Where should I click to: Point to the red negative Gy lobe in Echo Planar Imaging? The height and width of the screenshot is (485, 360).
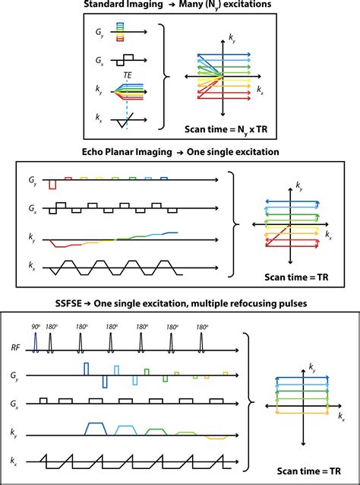click(53, 184)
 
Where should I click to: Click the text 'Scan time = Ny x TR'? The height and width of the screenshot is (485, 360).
click(226, 129)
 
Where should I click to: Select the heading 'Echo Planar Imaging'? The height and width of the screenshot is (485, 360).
click(127, 152)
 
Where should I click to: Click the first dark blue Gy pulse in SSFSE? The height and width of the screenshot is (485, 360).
click(87, 369)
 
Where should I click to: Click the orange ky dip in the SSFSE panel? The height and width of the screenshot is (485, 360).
click(216, 437)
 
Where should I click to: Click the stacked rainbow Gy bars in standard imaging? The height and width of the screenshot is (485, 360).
click(120, 32)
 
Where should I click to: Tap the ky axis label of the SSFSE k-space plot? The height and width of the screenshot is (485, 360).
click(313, 367)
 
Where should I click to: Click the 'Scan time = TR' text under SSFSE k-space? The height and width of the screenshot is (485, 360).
click(309, 471)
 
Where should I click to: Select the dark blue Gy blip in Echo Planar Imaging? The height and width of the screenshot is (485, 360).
click(164, 178)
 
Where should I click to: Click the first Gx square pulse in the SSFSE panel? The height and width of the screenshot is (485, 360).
click(43, 401)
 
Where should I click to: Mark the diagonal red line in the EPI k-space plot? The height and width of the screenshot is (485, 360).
click(277, 236)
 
